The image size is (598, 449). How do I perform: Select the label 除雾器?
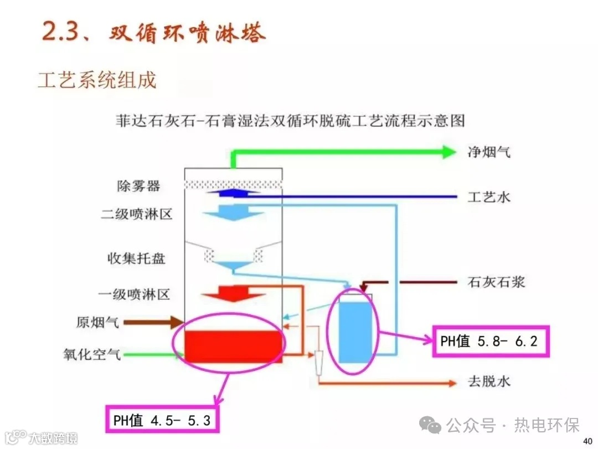138,186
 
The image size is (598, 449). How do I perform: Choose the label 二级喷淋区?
137,214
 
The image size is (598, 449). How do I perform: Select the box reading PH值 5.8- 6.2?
489,341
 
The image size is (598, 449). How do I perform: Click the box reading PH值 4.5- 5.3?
162,420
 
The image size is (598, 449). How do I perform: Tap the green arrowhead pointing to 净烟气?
448,151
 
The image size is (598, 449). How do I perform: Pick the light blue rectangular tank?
354,331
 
